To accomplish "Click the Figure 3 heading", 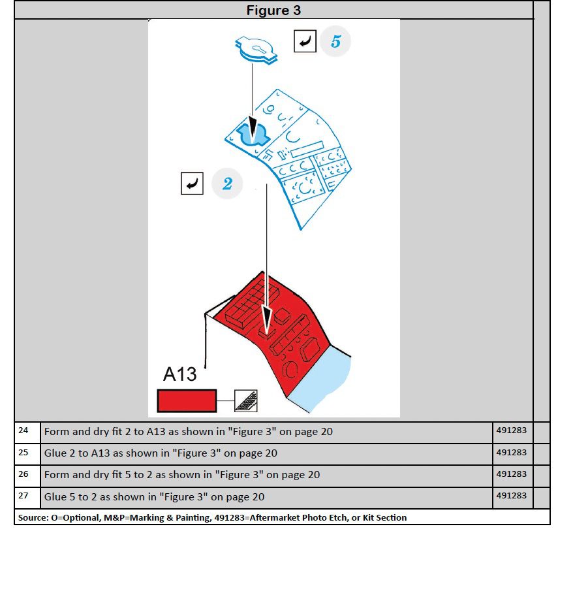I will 273,10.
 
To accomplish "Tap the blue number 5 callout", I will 335,42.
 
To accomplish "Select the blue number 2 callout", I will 227,184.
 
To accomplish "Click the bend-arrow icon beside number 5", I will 305,42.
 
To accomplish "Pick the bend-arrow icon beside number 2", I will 193,184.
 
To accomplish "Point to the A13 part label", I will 179,374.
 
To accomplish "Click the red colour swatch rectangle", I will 187,400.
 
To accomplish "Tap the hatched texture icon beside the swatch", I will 246,400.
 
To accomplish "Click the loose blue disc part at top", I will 256,50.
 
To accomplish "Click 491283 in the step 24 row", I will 511,430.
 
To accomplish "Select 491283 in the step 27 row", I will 511,495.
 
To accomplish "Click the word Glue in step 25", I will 55,453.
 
